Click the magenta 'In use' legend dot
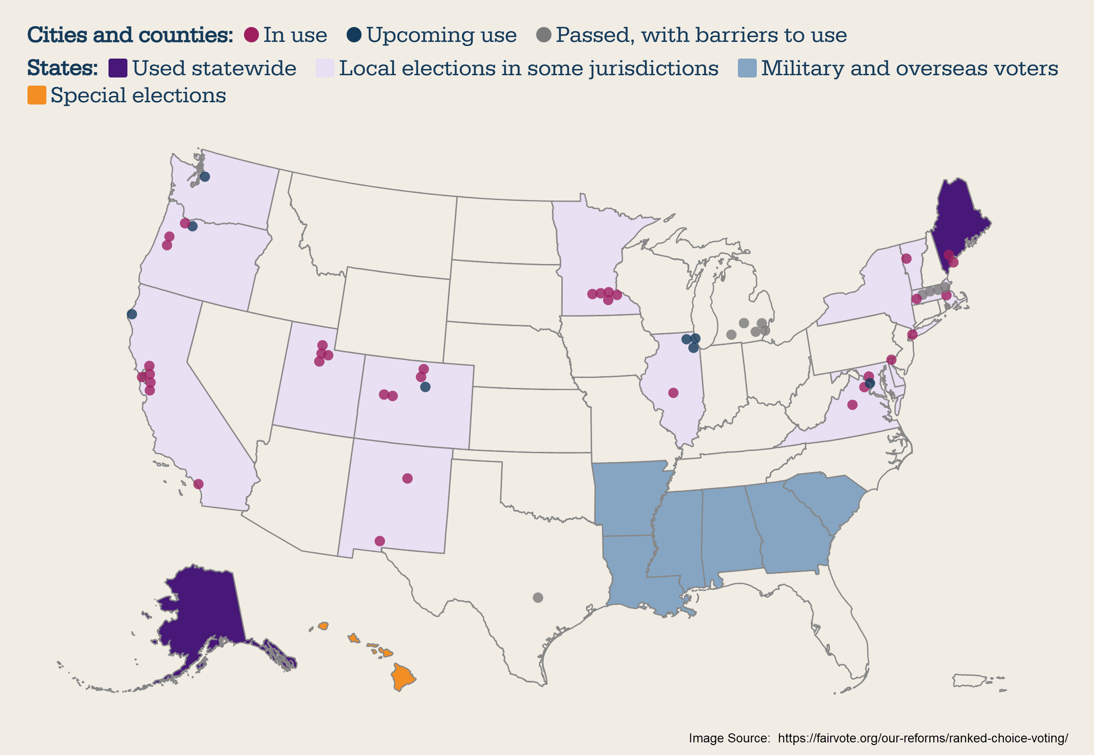pyautogui.click(x=251, y=35)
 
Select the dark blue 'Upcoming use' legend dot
pyautogui.click(x=354, y=35)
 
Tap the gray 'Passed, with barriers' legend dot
pyautogui.click(x=544, y=35)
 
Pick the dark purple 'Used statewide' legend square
pyautogui.click(x=118, y=68)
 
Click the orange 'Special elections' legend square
pyautogui.click(x=37, y=95)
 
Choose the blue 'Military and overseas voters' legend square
pyautogui.click(x=747, y=68)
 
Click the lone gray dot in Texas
pyautogui.click(x=538, y=597)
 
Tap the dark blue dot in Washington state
pyautogui.click(x=205, y=177)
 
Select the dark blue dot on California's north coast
pyautogui.click(x=132, y=314)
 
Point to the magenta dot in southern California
pyautogui.click(x=199, y=484)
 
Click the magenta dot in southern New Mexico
pyautogui.click(x=380, y=541)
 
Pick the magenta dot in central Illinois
pyautogui.click(x=673, y=393)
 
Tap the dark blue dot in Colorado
pyautogui.click(x=425, y=387)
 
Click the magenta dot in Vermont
pyautogui.click(x=906, y=258)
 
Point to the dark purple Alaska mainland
pyautogui.click(x=203, y=610)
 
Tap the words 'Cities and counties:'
pyautogui.click(x=130, y=35)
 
